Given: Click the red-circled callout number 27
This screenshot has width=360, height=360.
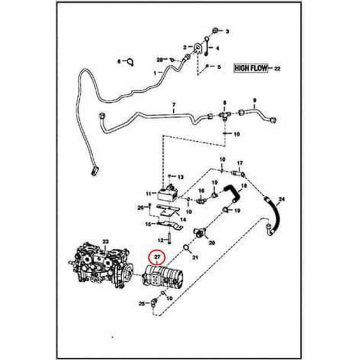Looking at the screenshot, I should coord(157,257).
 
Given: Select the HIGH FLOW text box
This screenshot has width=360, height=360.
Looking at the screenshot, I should coord(251,68).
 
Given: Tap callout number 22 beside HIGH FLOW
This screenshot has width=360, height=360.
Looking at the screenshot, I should coord(277,69).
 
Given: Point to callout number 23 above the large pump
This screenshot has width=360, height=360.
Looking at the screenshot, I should coord(105,242).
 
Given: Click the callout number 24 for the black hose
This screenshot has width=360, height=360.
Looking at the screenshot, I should coord(282,199).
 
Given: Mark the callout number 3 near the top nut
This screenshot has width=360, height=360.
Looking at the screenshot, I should coord(227,31).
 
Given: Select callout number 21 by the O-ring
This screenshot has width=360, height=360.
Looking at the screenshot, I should coord(195,257).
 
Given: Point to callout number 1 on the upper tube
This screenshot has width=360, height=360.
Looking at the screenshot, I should coord(155,72).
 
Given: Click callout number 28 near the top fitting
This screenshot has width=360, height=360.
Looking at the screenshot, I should coord(159,59).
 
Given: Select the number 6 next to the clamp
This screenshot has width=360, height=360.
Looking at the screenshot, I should coord(119,61).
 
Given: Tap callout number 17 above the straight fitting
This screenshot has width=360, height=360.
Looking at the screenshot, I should coord(240,163).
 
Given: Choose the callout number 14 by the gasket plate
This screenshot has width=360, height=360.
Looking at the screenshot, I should coord(183,219).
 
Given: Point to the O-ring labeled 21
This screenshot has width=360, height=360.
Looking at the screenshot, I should coord(186,248).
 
